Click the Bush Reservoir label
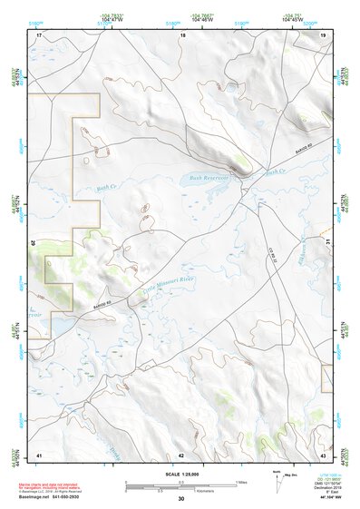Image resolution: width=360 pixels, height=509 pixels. pos(209,179)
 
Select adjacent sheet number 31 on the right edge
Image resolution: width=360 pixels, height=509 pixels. pos(326,242)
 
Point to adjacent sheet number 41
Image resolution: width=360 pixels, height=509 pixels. pos(39,454)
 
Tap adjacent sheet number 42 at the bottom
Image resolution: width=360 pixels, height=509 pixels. pos(181,454)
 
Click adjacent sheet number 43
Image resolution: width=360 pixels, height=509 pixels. pos(324,454)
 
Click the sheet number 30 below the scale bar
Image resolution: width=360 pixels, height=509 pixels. pos(181,500)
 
